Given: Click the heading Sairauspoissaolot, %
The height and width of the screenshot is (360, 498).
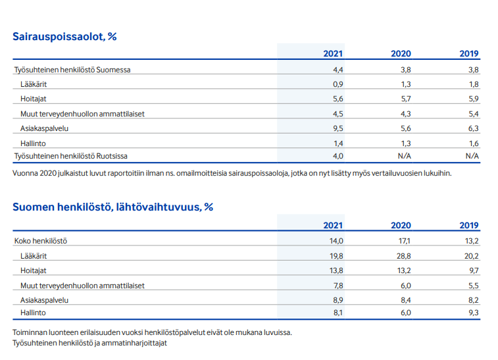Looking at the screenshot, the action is tap(64, 37).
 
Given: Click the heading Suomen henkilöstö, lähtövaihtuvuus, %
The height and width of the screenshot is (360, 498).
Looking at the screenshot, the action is tap(112, 207).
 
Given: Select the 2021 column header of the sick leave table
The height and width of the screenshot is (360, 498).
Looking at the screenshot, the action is tap(333, 54).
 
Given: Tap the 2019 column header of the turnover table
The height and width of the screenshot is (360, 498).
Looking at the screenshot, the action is tap(469, 225).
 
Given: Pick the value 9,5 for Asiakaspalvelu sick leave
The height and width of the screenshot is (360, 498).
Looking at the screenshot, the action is tap(338, 128).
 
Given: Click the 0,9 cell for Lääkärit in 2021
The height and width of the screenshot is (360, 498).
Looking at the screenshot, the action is tap(338, 84).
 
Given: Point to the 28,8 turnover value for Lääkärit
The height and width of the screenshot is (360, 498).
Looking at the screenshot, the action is tap(404, 256).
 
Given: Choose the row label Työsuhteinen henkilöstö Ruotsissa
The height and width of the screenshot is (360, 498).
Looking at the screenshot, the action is tap(71, 156).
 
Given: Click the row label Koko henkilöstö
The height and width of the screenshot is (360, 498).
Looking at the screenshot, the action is tap(41, 241).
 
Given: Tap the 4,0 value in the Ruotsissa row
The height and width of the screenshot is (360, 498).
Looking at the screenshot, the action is tap(338, 156).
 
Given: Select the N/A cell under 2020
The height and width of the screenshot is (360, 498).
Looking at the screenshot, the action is tap(405, 156).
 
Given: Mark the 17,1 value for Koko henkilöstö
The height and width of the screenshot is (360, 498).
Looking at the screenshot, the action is tap(405, 241).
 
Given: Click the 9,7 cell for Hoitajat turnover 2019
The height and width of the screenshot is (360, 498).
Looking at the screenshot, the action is tap(474, 270).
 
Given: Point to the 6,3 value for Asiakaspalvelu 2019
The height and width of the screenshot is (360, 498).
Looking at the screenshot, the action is tap(474, 128).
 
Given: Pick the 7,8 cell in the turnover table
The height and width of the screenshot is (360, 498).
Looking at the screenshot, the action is tap(338, 286).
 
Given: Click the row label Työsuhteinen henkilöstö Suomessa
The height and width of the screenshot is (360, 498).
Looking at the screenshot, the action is tap(72, 70).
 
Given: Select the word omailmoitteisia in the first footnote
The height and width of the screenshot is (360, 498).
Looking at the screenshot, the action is tap(202, 173).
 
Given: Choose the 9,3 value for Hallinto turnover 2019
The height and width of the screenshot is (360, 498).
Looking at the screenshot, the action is tap(474, 313).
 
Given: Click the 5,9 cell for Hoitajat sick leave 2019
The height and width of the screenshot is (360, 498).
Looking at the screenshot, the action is tap(474, 99).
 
